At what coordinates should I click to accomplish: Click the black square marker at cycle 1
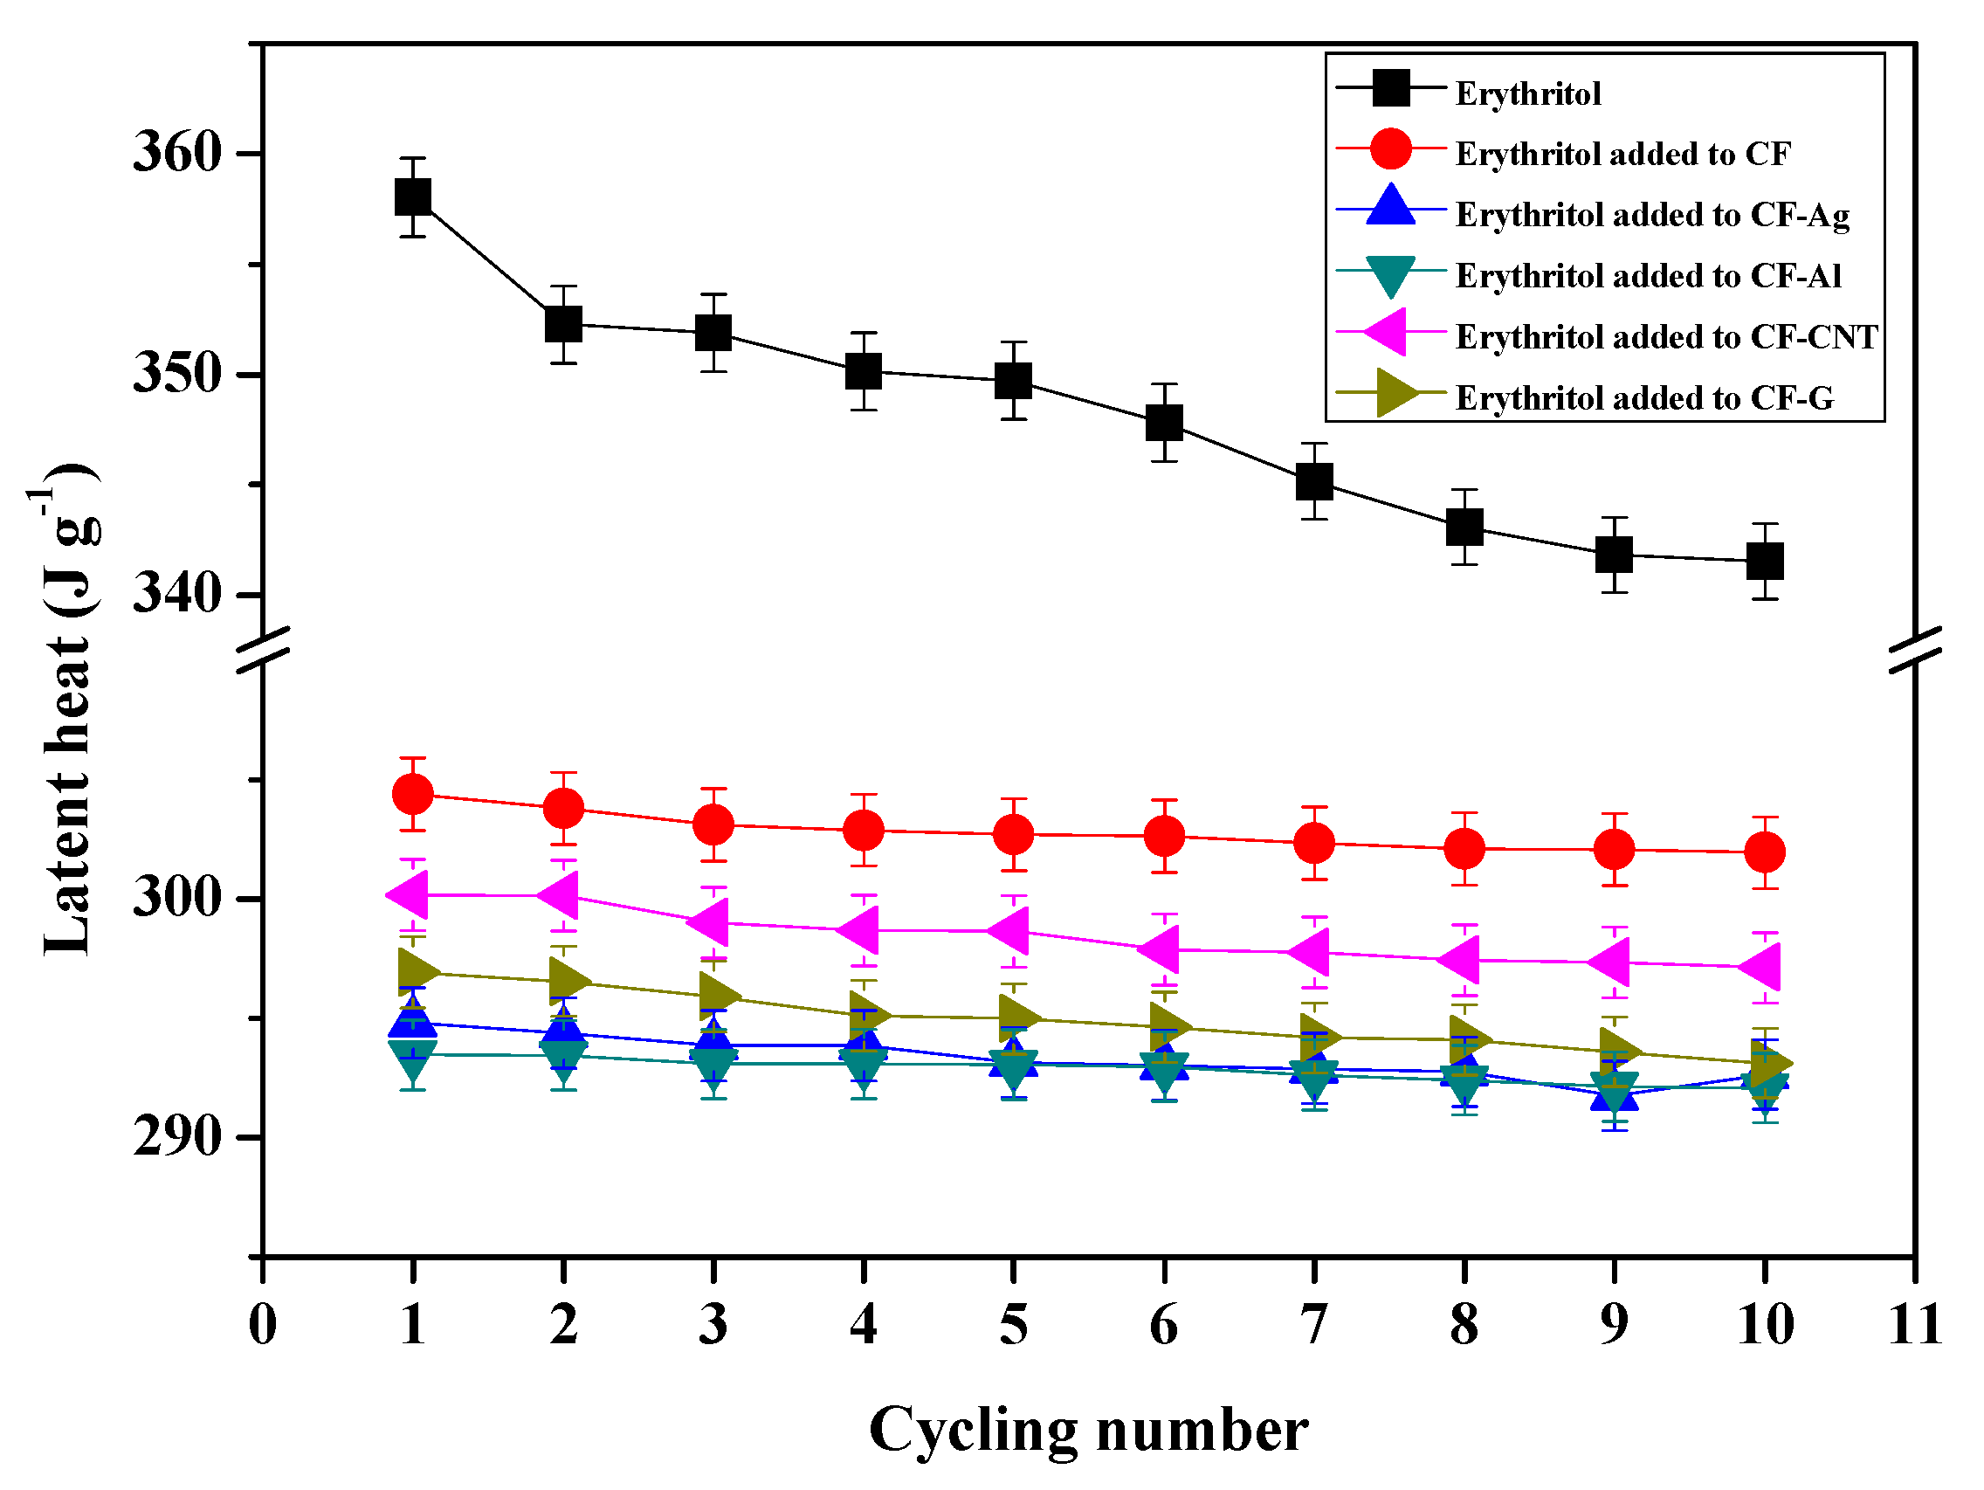412,197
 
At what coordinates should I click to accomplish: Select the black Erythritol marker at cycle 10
1764,561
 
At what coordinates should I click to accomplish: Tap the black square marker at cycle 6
1163,423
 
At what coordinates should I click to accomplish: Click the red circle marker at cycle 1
412,793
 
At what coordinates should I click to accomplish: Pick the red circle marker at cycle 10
1764,852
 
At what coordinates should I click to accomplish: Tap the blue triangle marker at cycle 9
1615,1093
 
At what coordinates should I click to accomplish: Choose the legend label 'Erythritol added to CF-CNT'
1665,336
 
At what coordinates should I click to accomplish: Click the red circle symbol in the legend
1390,148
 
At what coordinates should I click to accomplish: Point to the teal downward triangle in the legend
1390,275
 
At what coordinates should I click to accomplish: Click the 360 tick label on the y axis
176,152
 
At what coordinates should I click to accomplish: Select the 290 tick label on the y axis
176,1137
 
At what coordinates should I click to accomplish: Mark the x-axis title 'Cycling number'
1088,1430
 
